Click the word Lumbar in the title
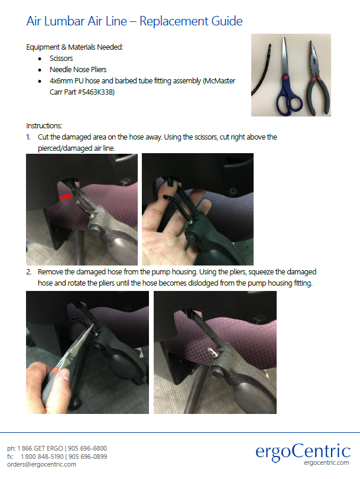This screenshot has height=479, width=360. coord(64,21)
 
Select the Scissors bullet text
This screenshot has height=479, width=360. coord(61,59)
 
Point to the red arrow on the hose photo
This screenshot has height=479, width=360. coord(65,197)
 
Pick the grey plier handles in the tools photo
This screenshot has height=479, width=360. coord(318,97)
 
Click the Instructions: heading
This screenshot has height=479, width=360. coord(44,126)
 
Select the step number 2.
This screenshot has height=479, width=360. coord(29,272)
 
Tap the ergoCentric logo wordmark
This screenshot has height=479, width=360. coord(303,452)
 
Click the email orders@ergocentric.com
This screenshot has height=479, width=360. coord(41,464)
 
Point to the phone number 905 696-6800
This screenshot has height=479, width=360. coord(87,448)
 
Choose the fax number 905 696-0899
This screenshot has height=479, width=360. coord(87,457)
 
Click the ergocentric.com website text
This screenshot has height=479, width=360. coord(326,462)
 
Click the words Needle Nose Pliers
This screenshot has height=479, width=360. coord(78,70)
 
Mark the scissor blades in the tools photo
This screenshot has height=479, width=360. coord(286,57)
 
